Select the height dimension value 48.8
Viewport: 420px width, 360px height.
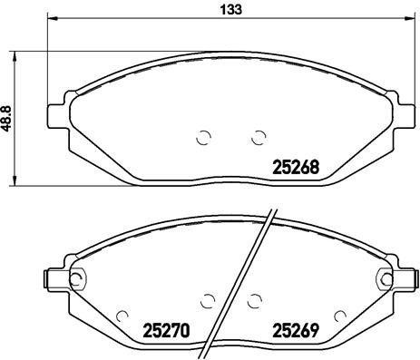[x=8, y=118]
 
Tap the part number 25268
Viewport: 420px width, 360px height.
[x=296, y=167]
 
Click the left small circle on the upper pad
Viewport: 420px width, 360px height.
[x=203, y=138]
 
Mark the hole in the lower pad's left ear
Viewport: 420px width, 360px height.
[x=79, y=278]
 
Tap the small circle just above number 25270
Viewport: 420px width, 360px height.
[x=124, y=315]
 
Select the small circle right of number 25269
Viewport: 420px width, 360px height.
[x=339, y=315]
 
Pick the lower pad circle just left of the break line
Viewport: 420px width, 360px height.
[x=208, y=300]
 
